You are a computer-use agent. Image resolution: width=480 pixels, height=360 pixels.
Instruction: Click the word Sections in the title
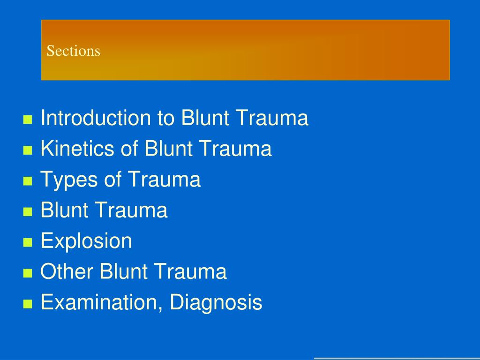73,51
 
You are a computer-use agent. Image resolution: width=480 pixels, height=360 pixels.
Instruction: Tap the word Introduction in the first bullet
96,118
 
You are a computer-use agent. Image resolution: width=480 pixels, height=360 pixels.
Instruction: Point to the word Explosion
86,241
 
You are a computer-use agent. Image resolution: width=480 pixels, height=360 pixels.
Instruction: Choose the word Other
67,272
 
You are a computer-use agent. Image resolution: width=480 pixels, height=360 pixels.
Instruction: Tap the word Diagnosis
216,302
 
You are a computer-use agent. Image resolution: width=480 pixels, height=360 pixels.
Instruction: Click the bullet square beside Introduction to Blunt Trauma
27,120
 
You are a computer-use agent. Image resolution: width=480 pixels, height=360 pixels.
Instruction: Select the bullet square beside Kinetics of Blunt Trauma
27,150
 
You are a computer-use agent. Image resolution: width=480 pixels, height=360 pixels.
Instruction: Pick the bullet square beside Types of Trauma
27,181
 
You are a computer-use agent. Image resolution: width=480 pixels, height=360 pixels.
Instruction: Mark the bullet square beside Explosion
27,243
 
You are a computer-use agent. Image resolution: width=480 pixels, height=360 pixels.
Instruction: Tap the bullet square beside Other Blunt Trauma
27,273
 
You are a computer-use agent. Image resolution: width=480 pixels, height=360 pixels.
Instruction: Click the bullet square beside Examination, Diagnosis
27,304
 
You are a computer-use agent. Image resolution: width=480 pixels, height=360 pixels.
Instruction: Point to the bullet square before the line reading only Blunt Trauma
27,212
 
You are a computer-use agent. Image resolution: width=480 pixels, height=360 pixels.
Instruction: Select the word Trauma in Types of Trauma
165,180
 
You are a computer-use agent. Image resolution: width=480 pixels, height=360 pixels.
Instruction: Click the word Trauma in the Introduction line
272,118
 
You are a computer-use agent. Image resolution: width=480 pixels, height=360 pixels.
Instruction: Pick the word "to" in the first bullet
165,118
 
